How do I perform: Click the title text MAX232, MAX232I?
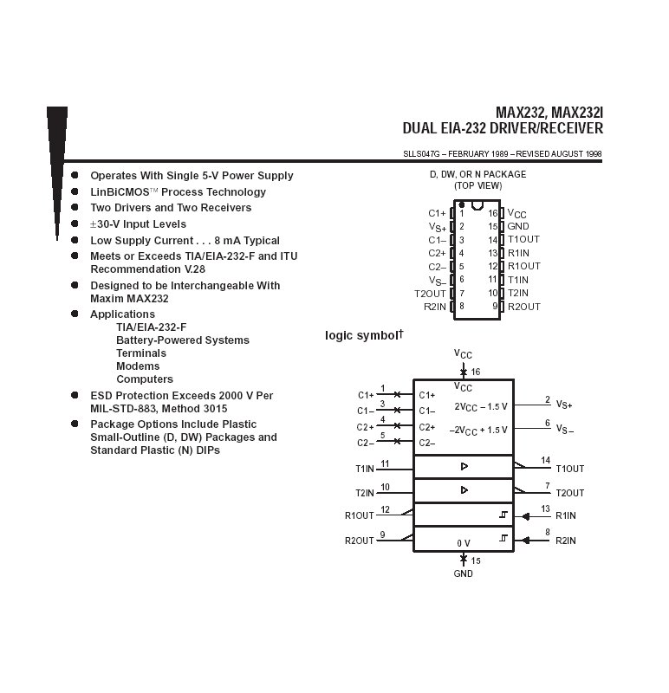click(549, 113)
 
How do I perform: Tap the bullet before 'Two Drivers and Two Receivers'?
click(75, 208)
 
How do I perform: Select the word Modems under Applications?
click(138, 366)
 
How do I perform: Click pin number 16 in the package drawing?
click(493, 213)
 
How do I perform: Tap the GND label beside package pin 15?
click(518, 227)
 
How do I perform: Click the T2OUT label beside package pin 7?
click(430, 294)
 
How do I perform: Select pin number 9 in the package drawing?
click(495, 307)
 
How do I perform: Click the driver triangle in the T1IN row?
click(464, 466)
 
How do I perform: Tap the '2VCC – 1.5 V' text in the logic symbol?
click(481, 405)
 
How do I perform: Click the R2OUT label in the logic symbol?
click(359, 541)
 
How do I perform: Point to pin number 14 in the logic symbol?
click(545, 461)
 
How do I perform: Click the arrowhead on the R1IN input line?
click(525, 516)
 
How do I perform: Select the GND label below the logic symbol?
click(464, 574)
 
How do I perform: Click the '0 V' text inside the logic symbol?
click(464, 543)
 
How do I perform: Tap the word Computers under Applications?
click(144, 379)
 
